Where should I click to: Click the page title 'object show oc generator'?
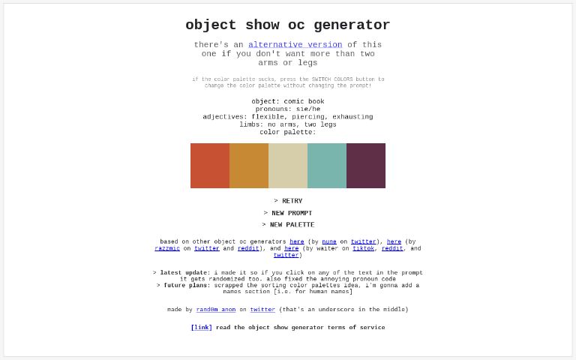pos(287,25)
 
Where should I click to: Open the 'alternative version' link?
pos(295,45)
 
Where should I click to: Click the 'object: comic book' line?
pos(287,101)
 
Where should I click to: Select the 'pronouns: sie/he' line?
pos(287,109)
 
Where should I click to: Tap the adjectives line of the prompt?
pos(287,117)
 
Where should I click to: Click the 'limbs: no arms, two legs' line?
pos(287,124)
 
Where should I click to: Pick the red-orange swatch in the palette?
pos(210,166)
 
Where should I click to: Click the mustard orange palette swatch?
pos(249,166)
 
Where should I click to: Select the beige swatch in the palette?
pos(288,166)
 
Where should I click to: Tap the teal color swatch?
pos(327,166)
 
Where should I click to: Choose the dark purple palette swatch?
pos(366,166)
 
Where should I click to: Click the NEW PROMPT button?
pos(288,213)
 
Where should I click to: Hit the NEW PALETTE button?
pos(288,225)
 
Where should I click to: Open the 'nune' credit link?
pos(329,242)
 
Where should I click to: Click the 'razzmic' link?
pos(167,248)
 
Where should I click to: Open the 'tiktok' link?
pos(364,248)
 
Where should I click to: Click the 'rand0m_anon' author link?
pos(216,310)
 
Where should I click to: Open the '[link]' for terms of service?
pos(201,328)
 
